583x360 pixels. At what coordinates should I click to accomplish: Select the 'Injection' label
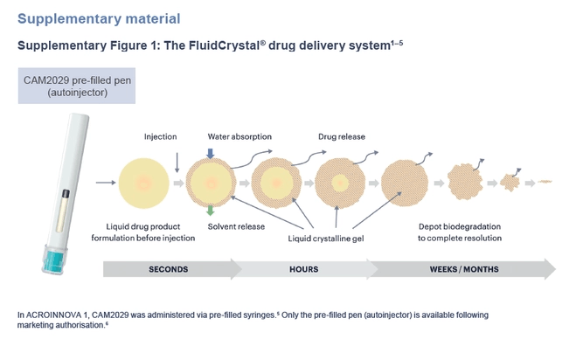(x=161, y=136)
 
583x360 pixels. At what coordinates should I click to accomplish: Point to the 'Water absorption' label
(x=239, y=136)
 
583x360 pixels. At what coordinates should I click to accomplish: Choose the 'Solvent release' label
(x=236, y=228)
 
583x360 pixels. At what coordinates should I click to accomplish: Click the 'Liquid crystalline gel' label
(x=324, y=236)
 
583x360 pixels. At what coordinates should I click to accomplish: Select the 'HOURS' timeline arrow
(x=304, y=269)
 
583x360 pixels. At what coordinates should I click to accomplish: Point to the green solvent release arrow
(x=210, y=211)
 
